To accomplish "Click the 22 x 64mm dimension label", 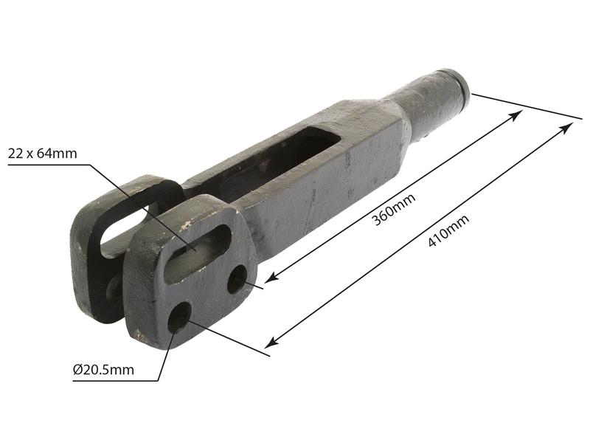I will [x=42, y=154].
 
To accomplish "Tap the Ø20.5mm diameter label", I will [x=103, y=369].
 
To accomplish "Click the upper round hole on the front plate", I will [x=237, y=279].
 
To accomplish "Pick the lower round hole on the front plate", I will [x=179, y=317].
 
